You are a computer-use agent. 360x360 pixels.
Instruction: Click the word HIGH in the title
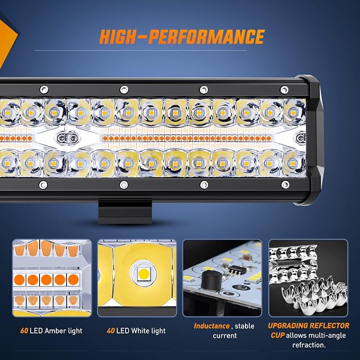(118, 37)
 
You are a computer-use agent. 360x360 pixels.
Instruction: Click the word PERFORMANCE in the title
(206, 37)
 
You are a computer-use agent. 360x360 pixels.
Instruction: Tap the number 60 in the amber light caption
(24, 331)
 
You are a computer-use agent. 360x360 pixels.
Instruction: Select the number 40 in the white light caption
(111, 331)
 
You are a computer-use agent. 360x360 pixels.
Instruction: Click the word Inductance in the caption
(212, 326)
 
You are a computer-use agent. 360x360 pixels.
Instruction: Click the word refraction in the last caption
(309, 345)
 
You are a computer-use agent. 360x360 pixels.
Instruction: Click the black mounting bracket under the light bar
(125, 212)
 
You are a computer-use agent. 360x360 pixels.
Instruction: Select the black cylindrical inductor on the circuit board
(211, 279)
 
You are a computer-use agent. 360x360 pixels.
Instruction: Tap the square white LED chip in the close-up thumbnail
(144, 274)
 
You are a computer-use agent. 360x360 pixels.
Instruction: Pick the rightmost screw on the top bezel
(284, 90)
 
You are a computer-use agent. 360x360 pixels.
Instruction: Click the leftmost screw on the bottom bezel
(43, 185)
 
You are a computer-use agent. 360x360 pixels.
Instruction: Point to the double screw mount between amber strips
(67, 138)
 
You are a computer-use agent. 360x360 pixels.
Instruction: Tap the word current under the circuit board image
(225, 336)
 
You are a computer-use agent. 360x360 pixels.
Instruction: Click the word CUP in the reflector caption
(277, 336)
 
